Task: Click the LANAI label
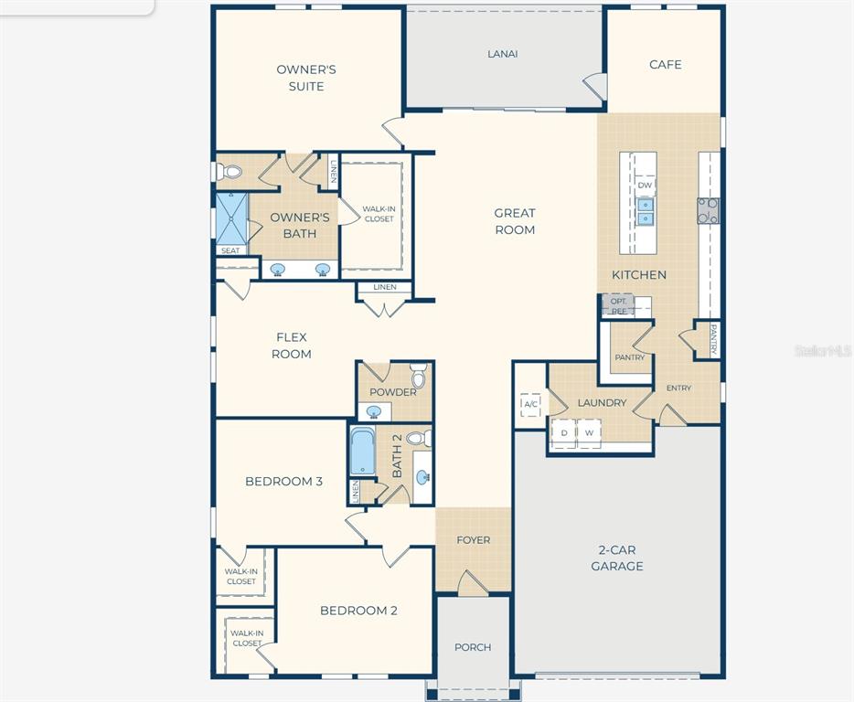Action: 502,54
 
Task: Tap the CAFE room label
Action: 665,64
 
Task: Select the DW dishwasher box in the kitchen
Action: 645,185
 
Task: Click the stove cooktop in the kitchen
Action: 708,211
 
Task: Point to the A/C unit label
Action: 530,404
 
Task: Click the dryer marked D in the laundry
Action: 564,433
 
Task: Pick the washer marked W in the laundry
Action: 589,433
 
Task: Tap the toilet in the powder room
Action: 418,376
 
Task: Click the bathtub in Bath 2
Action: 362,452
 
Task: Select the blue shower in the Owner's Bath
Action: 232,218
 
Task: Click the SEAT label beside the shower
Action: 230,250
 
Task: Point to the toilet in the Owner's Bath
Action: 229,172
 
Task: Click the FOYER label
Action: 474,539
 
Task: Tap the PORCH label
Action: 473,647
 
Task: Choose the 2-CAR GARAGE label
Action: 617,558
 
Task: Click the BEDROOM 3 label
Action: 283,482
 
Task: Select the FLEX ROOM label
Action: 292,346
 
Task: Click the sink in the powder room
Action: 374,411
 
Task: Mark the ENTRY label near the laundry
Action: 678,388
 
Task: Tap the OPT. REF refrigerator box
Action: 619,305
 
